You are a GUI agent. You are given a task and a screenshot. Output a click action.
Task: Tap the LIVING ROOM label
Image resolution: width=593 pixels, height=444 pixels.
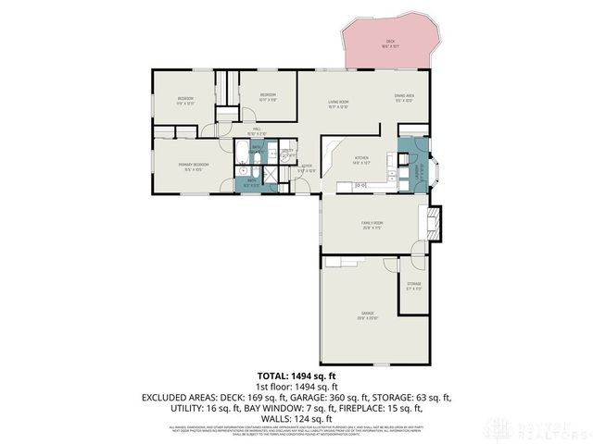coord(337,102)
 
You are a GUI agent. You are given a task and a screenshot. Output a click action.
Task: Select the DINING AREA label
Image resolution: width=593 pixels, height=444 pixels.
coord(403,95)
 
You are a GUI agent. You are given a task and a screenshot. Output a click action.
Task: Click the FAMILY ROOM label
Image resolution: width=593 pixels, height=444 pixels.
coord(372,224)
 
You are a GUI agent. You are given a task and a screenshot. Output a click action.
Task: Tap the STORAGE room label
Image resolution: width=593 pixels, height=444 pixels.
coord(413,285)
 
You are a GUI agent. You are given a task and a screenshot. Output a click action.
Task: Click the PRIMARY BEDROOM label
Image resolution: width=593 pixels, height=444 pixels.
coord(194,165)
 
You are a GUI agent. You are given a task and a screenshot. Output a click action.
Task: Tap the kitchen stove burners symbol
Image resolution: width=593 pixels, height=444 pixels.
coord(361,186)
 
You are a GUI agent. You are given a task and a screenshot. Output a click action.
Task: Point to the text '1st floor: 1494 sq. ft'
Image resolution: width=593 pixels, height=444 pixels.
coord(296,386)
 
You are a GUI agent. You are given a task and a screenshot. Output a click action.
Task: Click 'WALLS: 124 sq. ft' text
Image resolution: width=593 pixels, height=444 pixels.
coord(296,418)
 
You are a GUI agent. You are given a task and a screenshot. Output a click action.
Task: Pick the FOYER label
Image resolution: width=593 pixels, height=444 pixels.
coord(305,168)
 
